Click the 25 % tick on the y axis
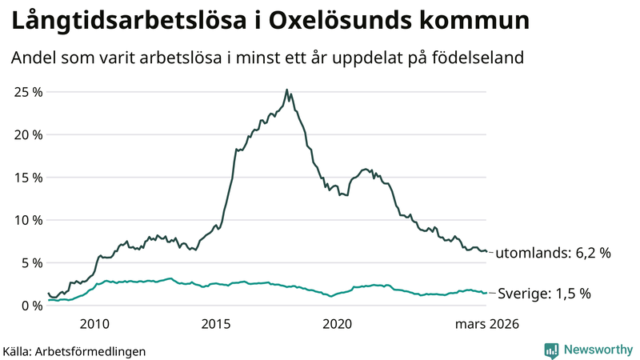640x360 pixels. click(x=27, y=92)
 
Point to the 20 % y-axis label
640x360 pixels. click(x=27, y=134)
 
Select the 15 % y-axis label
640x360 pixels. click(x=27, y=178)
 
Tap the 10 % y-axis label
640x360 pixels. click(x=27, y=220)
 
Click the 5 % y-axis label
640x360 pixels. click(x=30, y=262)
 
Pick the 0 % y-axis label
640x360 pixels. click(x=30, y=306)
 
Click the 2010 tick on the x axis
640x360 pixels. click(x=94, y=324)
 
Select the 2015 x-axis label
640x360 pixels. click(x=216, y=324)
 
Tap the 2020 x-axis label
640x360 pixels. click(x=338, y=324)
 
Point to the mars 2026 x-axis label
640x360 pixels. click(x=487, y=324)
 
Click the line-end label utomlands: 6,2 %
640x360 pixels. click(x=554, y=254)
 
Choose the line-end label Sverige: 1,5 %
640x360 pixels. click(x=544, y=294)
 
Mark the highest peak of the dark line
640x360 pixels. click(x=286, y=90)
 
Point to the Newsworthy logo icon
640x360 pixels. click(x=552, y=350)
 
